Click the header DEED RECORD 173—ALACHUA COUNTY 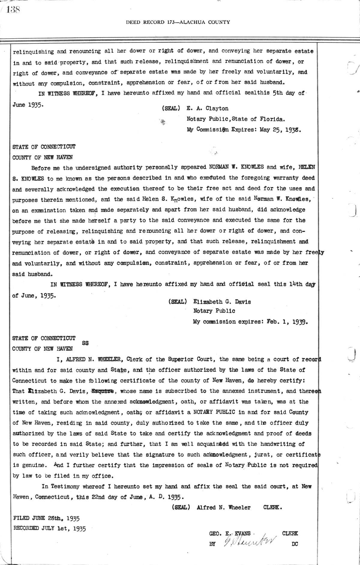point(178,22)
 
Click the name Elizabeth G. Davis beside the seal point(222,302)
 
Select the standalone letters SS point(85,343)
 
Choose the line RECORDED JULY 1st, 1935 point(49,528)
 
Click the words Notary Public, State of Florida point(235,119)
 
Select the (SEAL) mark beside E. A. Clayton point(171,109)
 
